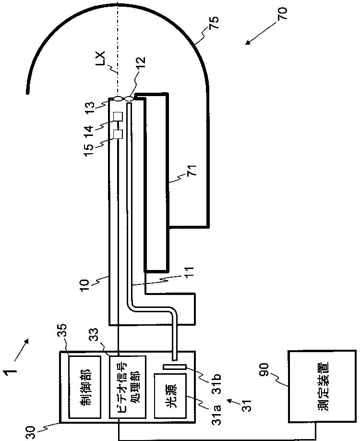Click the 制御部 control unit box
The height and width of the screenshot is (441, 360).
(x=84, y=387)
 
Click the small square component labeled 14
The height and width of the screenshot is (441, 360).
(x=117, y=117)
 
